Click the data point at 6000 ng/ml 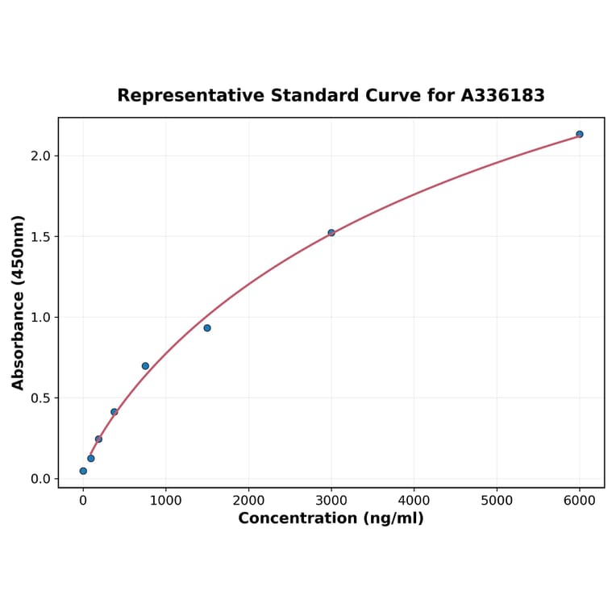pyautogui.click(x=579, y=134)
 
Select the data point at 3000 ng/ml pyautogui.click(x=331, y=233)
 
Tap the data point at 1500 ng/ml pyautogui.click(x=207, y=328)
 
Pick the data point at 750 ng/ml pyautogui.click(x=145, y=366)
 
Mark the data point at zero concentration pyautogui.click(x=83, y=471)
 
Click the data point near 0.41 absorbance pyautogui.click(x=114, y=412)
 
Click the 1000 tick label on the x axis pyautogui.click(x=165, y=501)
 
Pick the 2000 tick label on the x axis pyautogui.click(x=248, y=501)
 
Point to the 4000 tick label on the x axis pyautogui.click(x=414, y=501)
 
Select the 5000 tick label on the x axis pyautogui.click(x=497, y=501)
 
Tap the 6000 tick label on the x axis pyautogui.click(x=579, y=501)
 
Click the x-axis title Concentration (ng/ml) pyautogui.click(x=331, y=518)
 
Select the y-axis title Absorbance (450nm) pyautogui.click(x=19, y=302)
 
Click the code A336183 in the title pyautogui.click(x=502, y=96)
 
